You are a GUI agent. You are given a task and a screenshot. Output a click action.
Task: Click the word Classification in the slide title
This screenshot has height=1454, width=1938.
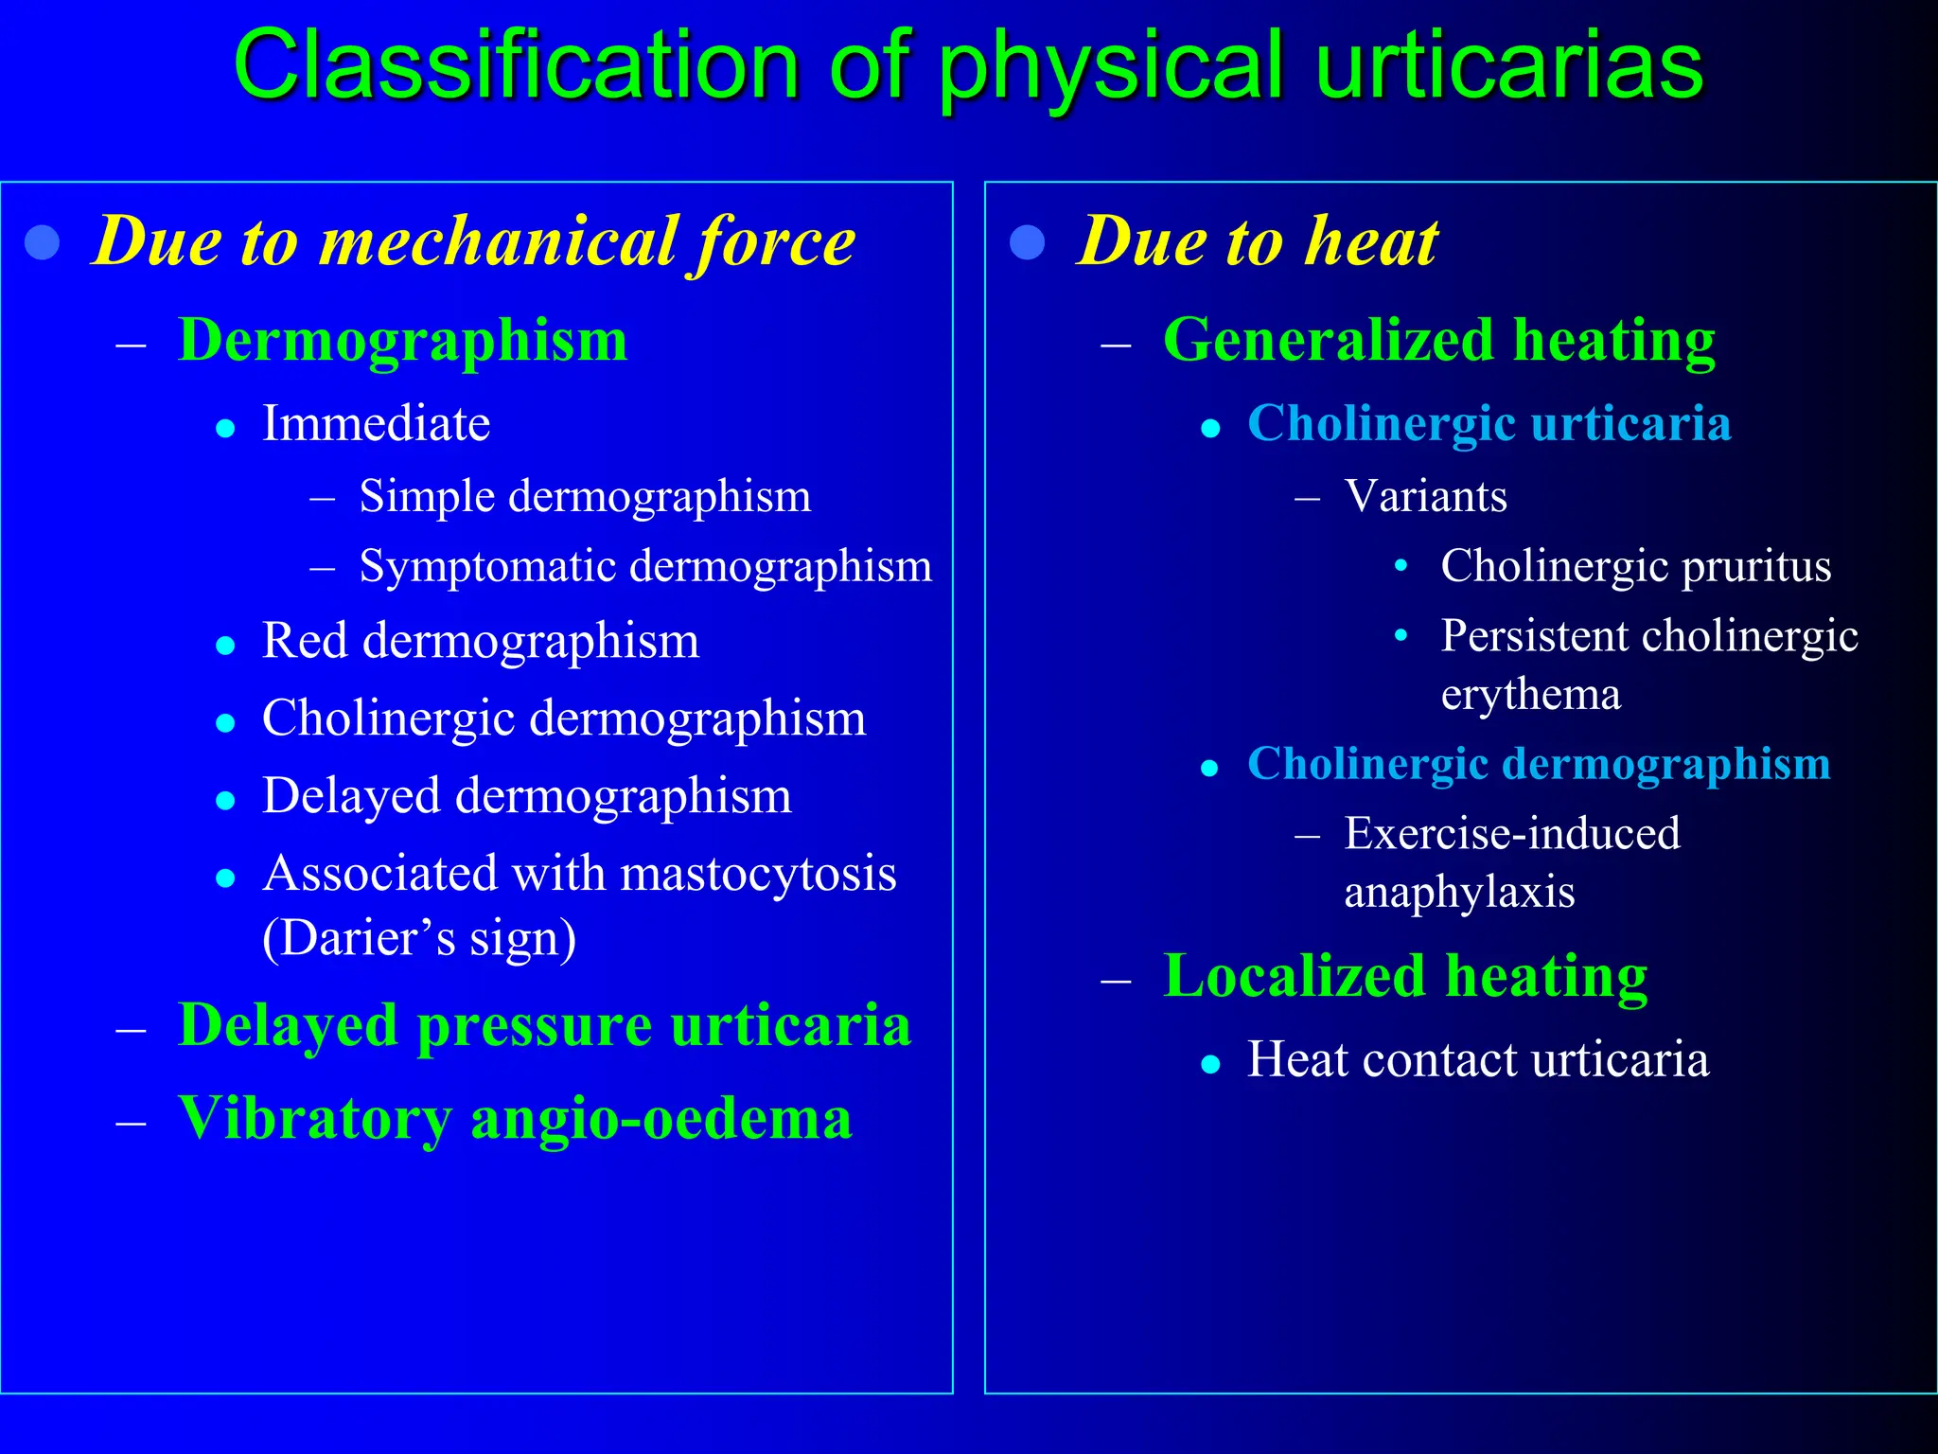517,66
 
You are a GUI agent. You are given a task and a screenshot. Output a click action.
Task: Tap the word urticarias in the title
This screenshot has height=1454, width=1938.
1508,66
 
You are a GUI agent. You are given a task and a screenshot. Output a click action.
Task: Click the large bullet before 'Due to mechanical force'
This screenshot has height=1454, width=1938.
43,242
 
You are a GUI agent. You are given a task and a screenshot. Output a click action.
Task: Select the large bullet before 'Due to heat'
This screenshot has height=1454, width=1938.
1027,242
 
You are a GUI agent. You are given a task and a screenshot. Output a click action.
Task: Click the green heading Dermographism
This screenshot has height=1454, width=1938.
402,340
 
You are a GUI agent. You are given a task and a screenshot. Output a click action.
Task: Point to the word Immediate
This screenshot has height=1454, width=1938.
376,423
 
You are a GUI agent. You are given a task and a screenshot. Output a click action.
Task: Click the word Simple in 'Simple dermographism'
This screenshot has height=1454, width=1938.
427,497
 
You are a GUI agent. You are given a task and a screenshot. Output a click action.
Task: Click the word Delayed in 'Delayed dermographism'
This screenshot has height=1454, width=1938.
350,796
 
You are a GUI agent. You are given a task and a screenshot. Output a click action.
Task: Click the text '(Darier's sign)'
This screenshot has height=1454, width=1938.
419,938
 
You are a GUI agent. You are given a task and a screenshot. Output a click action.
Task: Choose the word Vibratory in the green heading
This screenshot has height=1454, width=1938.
315,1119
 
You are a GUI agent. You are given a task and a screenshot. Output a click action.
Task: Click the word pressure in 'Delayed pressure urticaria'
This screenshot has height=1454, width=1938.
534,1025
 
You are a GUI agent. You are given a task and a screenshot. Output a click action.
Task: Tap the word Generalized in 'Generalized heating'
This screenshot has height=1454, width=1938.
1330,340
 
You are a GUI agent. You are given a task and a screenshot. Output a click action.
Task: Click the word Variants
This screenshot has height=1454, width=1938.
1425,497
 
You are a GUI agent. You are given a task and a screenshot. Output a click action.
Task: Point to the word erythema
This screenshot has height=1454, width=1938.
1530,695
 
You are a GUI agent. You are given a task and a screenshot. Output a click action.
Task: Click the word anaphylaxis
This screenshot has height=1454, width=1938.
1459,893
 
